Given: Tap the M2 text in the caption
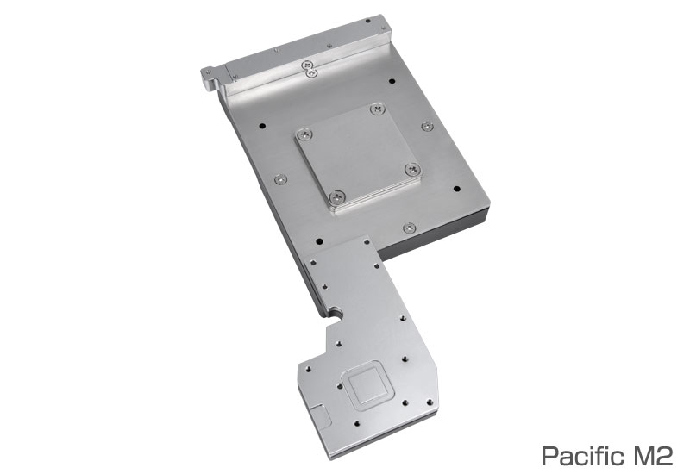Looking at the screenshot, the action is (x=651, y=456).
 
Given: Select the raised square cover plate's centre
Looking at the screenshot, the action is (x=358, y=158).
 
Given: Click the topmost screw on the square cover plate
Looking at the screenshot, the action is (x=378, y=109).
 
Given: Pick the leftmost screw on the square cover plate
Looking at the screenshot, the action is (x=304, y=134).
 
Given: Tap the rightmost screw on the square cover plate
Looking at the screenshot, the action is (x=412, y=169).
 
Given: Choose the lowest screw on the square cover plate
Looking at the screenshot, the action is (x=337, y=197).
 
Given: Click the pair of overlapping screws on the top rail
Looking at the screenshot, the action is (x=310, y=70).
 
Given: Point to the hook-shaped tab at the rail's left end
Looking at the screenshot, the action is (x=210, y=78).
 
